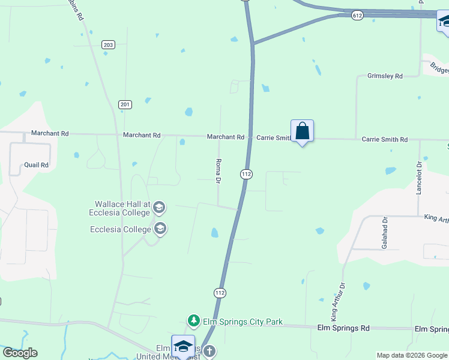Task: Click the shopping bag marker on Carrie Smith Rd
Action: [x=302, y=131]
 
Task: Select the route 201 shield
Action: [x=125, y=104]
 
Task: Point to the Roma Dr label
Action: [x=219, y=172]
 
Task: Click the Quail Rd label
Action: [x=36, y=164]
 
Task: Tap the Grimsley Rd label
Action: [x=384, y=76]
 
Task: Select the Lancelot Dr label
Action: [x=420, y=178]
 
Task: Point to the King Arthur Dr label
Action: [x=338, y=301]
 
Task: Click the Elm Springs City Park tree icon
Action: [x=194, y=322]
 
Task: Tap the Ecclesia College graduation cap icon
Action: [x=160, y=229]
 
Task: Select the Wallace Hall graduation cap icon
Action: [x=159, y=208]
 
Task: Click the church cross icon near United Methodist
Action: [x=208, y=352]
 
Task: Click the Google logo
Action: [x=20, y=353]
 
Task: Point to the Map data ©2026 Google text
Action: [x=411, y=355]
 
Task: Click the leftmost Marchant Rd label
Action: [x=50, y=133]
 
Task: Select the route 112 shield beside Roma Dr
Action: [x=246, y=174]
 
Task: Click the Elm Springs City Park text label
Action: [x=243, y=322]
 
